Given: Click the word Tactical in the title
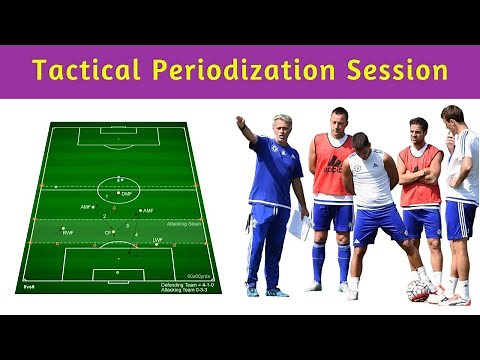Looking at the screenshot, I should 89,71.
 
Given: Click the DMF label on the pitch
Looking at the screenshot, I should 126,194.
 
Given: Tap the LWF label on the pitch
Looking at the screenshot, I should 157,241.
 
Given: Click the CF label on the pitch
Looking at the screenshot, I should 107,233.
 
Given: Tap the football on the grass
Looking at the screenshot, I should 419,291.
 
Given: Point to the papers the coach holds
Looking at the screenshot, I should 297,226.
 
